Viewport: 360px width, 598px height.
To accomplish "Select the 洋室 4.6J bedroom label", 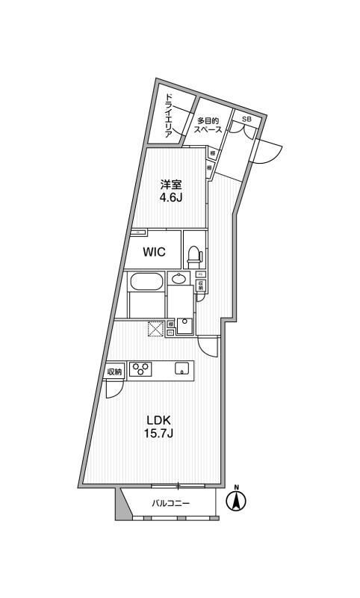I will pyautogui.click(x=170, y=192).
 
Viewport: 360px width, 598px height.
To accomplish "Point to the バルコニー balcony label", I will pyautogui.click(x=170, y=504).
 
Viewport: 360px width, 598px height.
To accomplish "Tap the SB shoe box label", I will pyautogui.click(x=246, y=119).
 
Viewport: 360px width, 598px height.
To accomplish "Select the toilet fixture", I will pyautogui.click(x=193, y=256).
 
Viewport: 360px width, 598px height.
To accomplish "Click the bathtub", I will pyautogui.click(x=146, y=283).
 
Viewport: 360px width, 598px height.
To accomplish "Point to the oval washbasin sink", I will pyautogui.click(x=179, y=280).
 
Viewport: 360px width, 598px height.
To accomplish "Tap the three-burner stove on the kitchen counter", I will pyautogui.click(x=140, y=369).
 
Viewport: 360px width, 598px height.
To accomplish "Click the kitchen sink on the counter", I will pyautogui.click(x=181, y=368).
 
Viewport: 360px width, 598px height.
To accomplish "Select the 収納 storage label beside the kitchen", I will pyautogui.click(x=114, y=372).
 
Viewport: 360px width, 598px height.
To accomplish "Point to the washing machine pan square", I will pyautogui.click(x=185, y=326).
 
